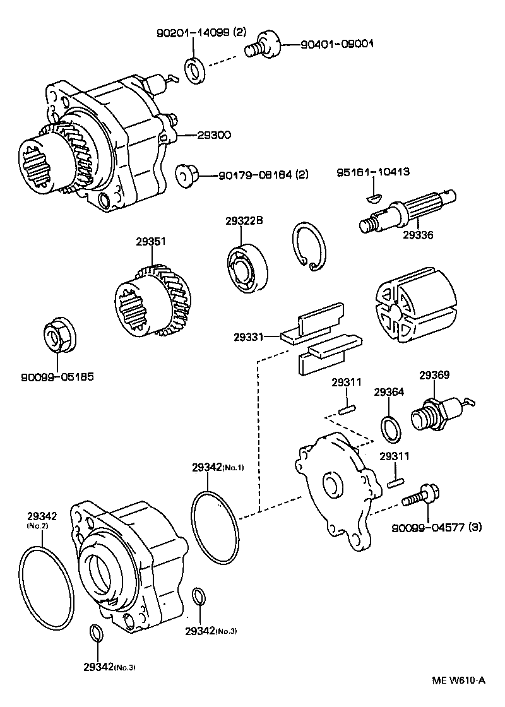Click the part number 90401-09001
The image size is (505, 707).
click(x=337, y=44)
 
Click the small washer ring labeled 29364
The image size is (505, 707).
click(x=389, y=428)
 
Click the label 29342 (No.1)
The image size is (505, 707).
click(x=218, y=467)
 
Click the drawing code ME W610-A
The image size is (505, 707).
click(x=458, y=680)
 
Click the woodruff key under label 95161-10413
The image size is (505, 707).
click(x=374, y=197)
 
